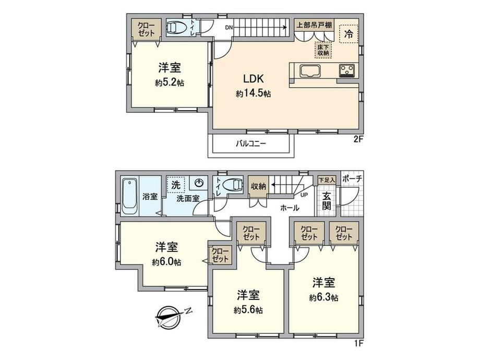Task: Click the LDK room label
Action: coord(253,79)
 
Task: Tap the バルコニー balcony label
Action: coord(251,143)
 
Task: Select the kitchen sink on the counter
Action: coord(310,71)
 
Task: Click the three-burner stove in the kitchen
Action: coord(346,71)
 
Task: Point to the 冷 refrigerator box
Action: coord(349,34)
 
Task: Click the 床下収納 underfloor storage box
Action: coord(323,50)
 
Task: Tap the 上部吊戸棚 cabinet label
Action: coord(314,25)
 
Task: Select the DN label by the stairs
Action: coord(229,28)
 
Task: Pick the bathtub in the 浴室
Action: coord(130,197)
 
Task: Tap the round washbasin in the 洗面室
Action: coord(199,183)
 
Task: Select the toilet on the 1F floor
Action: coord(233,185)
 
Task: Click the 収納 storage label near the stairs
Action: coord(259,186)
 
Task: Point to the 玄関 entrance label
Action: coord(327,201)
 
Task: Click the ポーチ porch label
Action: coord(352,178)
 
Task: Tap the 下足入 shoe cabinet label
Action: coord(326,180)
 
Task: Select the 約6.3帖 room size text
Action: coord(323,297)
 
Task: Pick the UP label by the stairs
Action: coord(304,195)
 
